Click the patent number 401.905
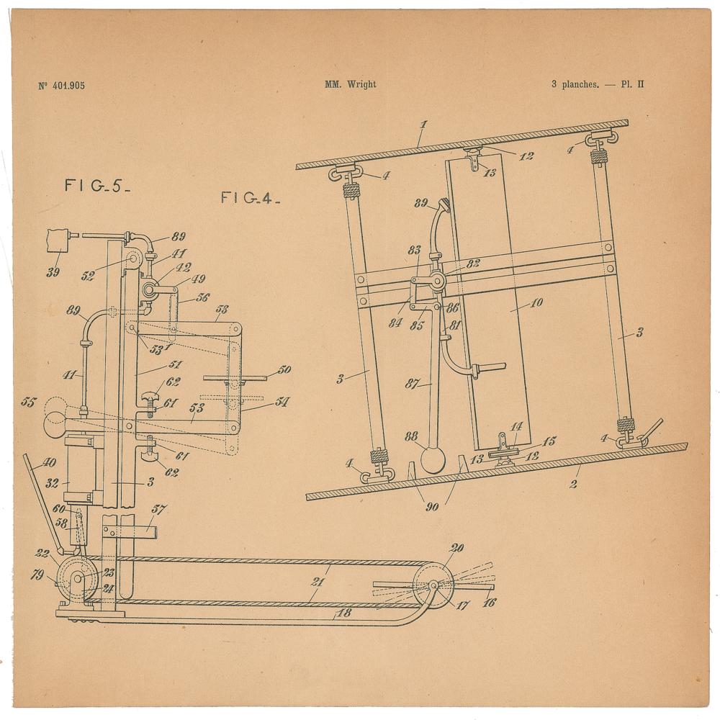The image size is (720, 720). tap(68, 86)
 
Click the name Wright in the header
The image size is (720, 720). tap(361, 84)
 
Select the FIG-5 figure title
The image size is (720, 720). tap(97, 186)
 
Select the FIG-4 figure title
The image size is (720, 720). tap(251, 198)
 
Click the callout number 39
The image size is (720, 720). tap(53, 272)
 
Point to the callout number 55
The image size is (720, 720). tap(29, 402)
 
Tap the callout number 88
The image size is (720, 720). tap(411, 436)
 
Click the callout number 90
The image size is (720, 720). tap(432, 507)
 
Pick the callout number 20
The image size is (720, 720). tap(457, 547)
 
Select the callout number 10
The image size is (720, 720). tap(536, 302)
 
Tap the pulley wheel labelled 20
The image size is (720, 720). tap(433, 585)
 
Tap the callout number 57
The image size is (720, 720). tap(159, 509)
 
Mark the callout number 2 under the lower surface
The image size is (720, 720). tap(573, 484)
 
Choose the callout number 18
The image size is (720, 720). tap(344, 613)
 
